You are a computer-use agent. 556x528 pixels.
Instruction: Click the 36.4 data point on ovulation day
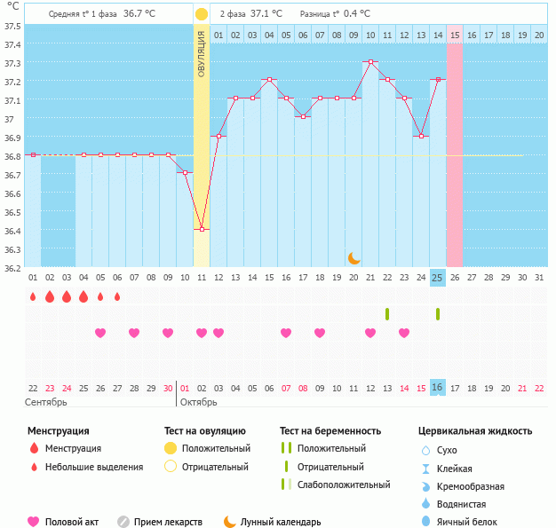pos(202,229)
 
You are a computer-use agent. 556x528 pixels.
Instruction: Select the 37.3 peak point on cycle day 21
pos(370,61)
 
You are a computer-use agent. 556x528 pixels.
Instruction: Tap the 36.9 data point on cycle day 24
pos(421,136)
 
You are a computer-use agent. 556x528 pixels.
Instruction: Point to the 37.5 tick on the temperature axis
pos(12,27)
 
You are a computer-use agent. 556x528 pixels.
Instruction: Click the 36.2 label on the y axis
pos(12,268)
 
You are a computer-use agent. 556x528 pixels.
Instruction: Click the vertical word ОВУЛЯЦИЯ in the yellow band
pos(202,54)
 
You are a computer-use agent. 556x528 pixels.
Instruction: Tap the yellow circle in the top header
pos(202,14)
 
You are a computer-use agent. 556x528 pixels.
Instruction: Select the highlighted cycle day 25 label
pos(438,278)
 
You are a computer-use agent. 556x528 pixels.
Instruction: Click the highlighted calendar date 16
pos(438,387)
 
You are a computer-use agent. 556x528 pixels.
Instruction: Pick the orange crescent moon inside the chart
pos(353,258)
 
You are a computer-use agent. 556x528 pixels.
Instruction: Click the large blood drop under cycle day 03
pos(67,296)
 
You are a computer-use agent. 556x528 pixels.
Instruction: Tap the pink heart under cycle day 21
pos(370,333)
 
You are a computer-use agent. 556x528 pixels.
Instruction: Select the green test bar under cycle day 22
pos(387,314)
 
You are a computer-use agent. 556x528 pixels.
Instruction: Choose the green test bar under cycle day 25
pos(438,314)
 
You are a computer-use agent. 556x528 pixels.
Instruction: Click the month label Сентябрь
pos(46,403)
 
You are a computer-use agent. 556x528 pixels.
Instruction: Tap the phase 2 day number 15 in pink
pos(455,35)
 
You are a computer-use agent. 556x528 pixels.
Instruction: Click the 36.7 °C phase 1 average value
pos(139,14)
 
